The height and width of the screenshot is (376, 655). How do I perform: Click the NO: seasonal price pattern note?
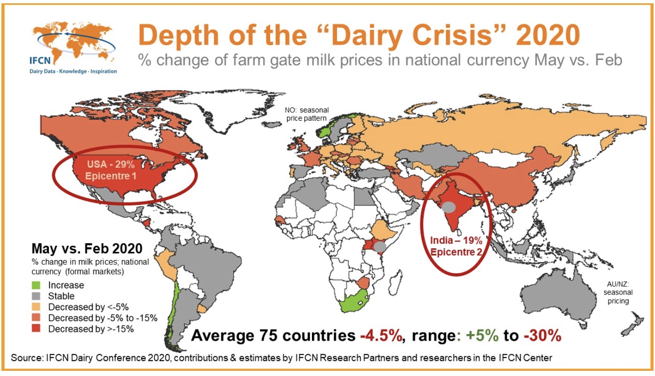pyautogui.click(x=307, y=114)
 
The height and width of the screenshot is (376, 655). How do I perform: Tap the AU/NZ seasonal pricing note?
pyautogui.click(x=618, y=292)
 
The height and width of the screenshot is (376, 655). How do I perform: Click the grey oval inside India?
pyautogui.click(x=448, y=206)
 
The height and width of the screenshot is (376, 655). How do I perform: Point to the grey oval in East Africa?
pyautogui.click(x=380, y=246)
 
